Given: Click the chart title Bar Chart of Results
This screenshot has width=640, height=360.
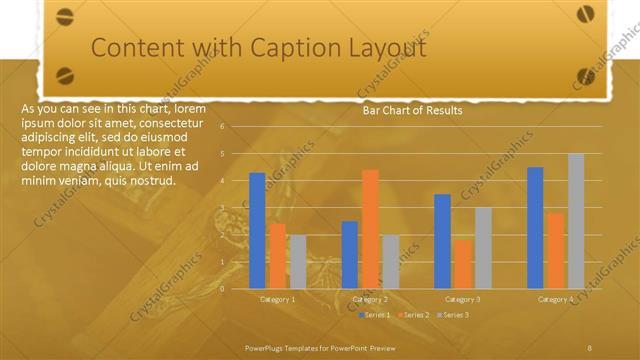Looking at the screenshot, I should point(412,111).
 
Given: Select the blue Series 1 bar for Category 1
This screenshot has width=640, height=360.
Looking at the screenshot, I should point(257,230).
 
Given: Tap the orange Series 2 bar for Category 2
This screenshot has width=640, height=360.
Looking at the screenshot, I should point(370,228).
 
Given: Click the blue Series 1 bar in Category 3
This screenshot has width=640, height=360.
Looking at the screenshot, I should point(442,241).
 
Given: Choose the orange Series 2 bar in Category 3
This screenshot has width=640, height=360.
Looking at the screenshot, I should point(462,263).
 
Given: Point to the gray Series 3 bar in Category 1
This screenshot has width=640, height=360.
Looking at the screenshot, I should point(298,261).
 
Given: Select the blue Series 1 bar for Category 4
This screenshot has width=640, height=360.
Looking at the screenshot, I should point(535,227).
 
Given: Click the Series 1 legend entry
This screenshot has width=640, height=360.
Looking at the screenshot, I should point(375,315).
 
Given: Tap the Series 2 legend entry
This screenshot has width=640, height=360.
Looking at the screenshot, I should point(414,315).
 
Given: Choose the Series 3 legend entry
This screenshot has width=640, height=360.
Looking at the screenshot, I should point(452,315).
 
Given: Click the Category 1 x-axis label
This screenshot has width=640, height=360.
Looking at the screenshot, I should point(277,299).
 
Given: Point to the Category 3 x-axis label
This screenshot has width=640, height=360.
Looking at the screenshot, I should point(462,299).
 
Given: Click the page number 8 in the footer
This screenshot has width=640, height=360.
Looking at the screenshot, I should point(590,347).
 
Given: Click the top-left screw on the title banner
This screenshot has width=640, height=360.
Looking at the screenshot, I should point(65,15).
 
